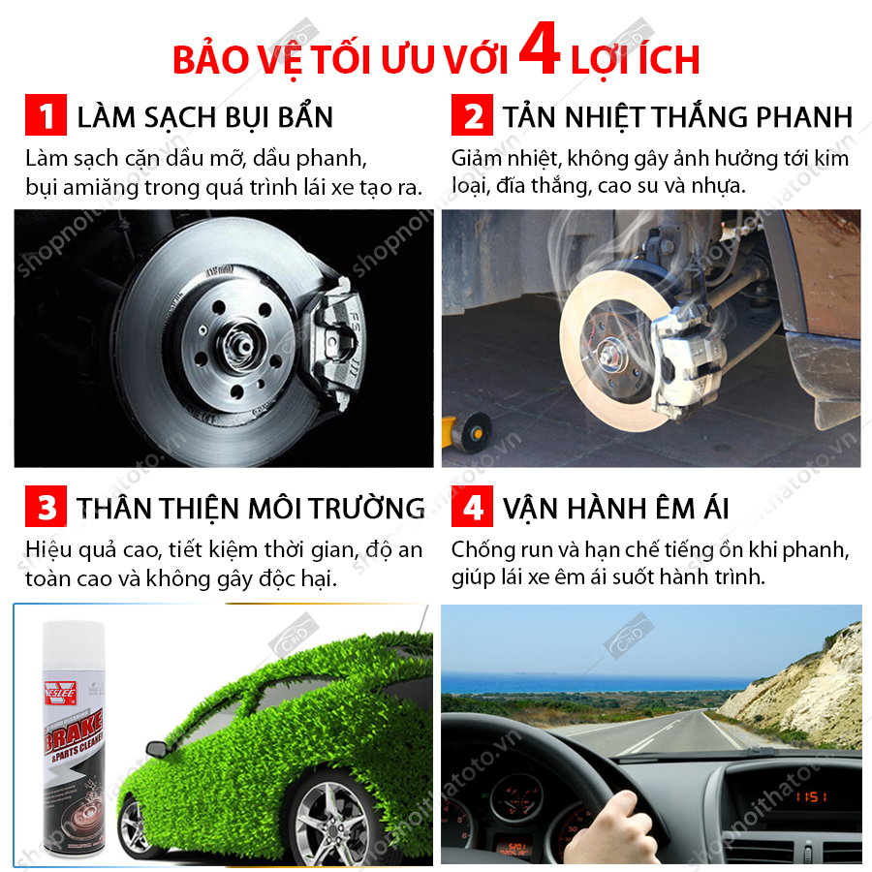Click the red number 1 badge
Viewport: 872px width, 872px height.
(x=46, y=115)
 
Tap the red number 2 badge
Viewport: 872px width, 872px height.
(x=472, y=115)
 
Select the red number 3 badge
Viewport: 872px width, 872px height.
(x=46, y=506)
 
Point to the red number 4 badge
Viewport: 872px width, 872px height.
(x=472, y=506)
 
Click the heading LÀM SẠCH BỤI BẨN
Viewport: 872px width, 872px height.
(x=205, y=118)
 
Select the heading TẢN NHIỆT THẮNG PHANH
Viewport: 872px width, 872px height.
(x=678, y=117)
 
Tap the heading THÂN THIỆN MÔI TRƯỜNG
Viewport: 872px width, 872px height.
(x=251, y=508)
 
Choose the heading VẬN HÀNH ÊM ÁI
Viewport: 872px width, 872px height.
(x=616, y=508)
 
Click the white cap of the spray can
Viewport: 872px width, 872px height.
(x=74, y=645)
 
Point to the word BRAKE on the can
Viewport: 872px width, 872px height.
(x=74, y=730)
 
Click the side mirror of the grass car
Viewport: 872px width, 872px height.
(x=167, y=747)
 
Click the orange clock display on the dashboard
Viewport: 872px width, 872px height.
(x=811, y=797)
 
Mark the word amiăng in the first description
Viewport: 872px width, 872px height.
(x=101, y=188)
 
